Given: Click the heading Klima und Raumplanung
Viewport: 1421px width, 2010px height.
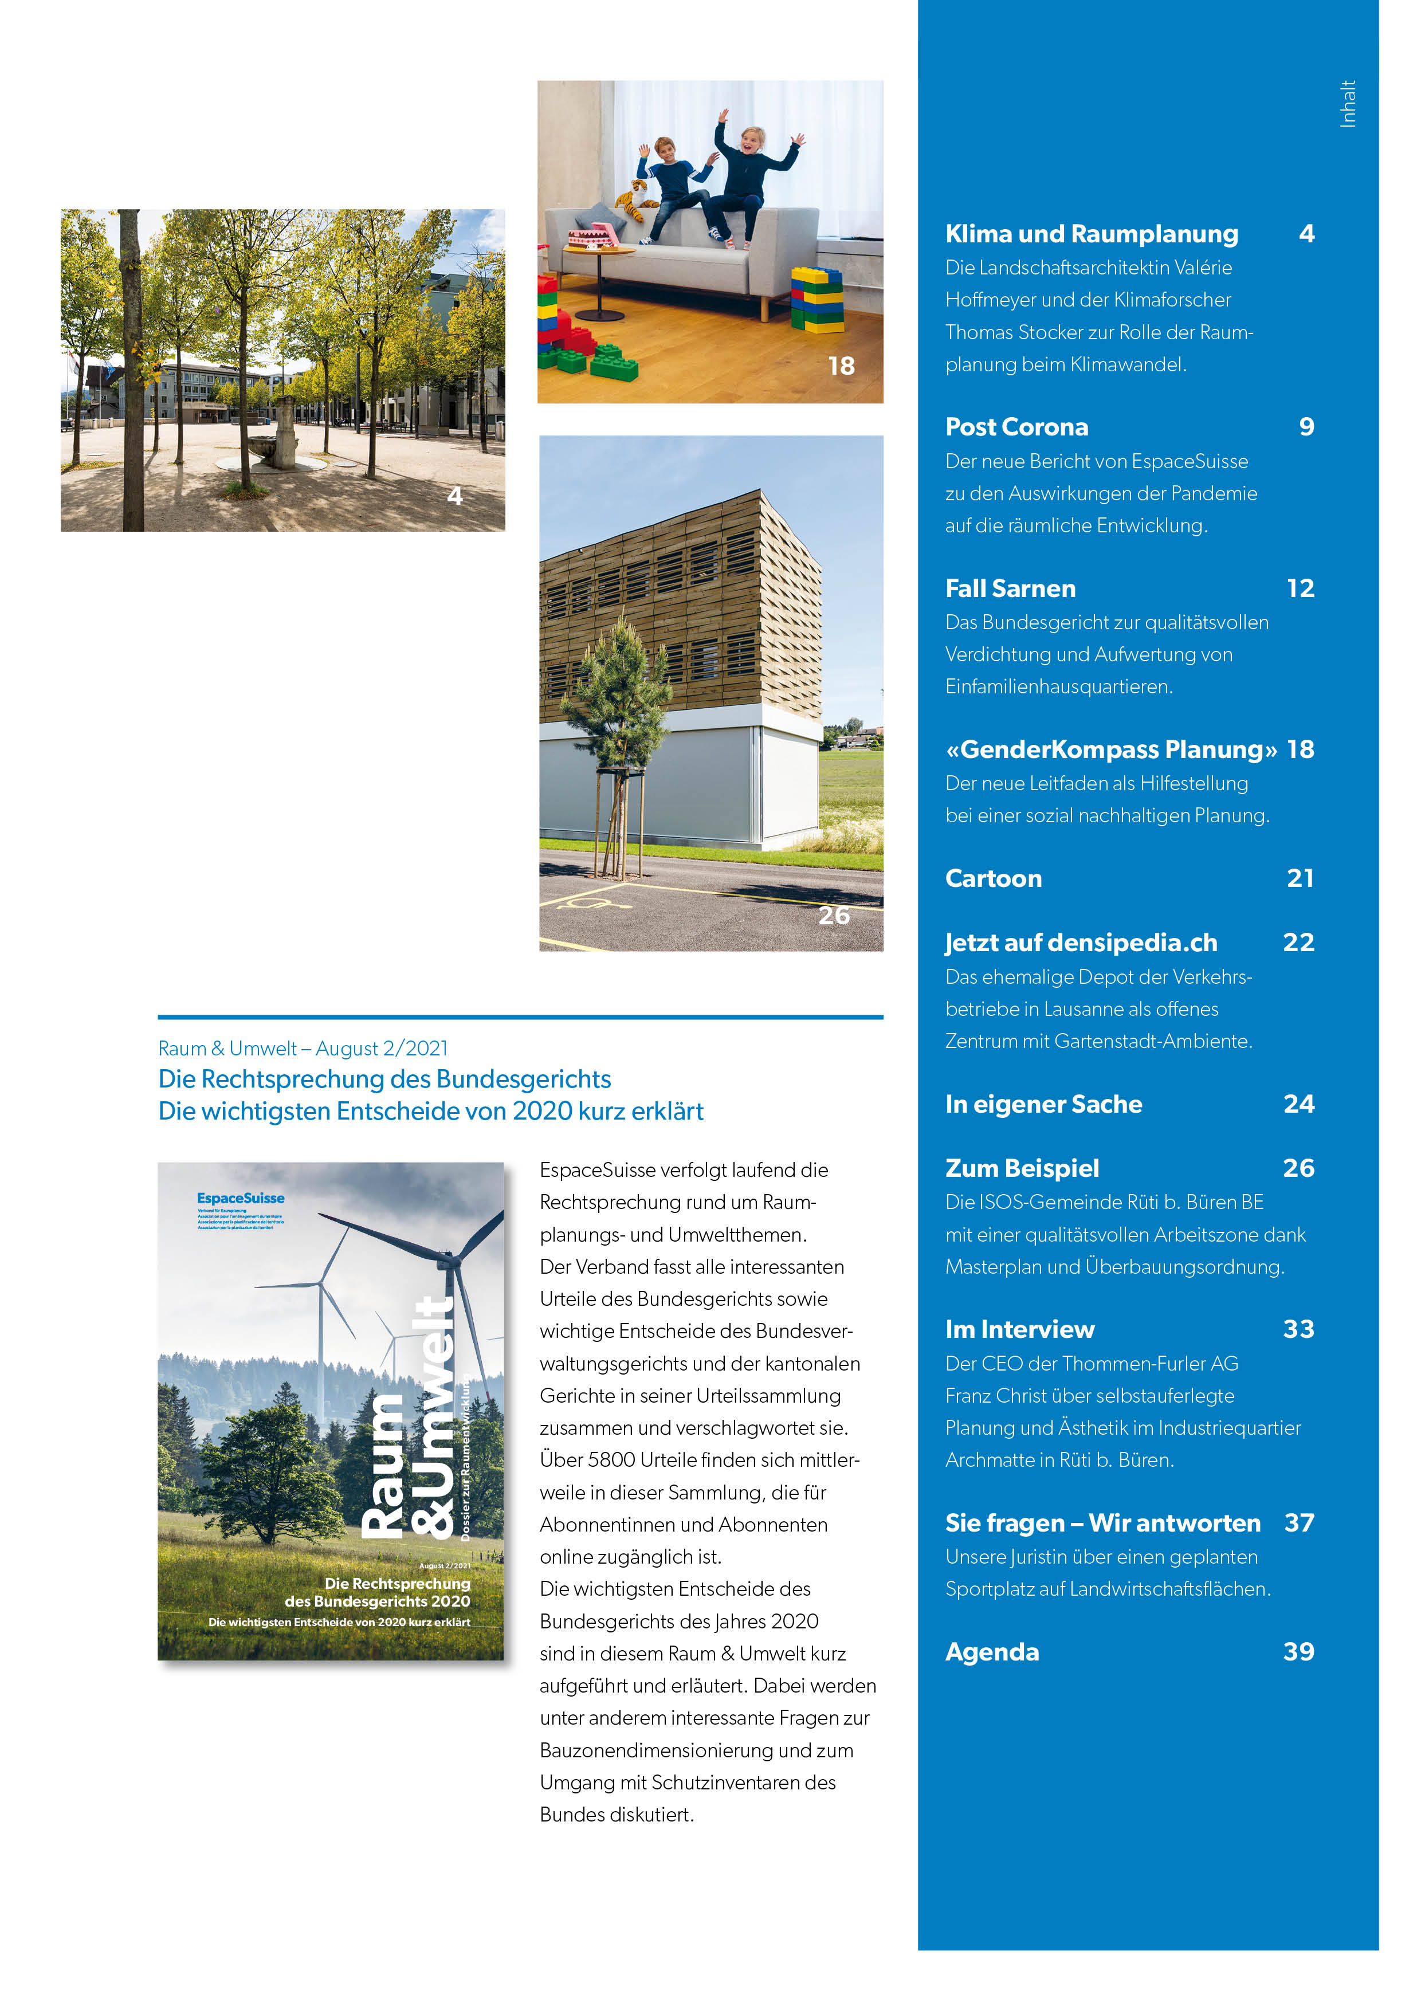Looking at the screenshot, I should point(1091,234).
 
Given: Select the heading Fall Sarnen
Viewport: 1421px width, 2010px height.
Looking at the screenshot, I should point(1010,588).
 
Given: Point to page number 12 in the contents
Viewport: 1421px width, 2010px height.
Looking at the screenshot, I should point(1300,588).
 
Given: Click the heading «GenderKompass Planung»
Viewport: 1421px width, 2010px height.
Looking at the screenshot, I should point(1110,749).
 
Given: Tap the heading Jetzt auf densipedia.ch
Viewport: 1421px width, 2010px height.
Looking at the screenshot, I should point(1081,943).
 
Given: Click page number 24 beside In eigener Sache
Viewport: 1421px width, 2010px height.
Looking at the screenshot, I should point(1298,1104).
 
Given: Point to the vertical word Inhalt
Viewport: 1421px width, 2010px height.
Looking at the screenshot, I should point(1348,104).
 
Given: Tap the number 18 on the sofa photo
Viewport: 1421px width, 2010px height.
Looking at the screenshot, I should point(841,366).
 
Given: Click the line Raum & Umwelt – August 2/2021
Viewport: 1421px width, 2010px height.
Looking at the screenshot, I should point(303,1049).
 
